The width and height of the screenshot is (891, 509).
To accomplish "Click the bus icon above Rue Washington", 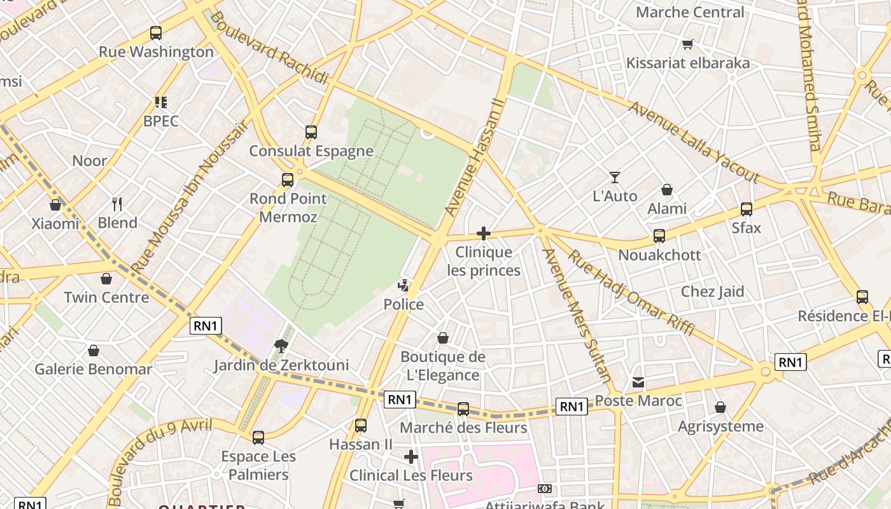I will click(x=156, y=33).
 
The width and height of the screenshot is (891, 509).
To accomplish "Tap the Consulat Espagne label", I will click(x=311, y=151).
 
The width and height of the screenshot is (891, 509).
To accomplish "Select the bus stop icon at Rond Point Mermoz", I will click(x=288, y=180).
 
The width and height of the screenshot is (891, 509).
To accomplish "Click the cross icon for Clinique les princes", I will click(x=484, y=234).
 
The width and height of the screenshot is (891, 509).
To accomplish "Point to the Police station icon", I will click(x=403, y=286).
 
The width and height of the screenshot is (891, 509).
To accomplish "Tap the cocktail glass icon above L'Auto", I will click(x=615, y=177).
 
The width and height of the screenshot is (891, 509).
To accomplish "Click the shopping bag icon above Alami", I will click(x=667, y=190).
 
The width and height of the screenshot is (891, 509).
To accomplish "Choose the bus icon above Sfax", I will click(x=747, y=209).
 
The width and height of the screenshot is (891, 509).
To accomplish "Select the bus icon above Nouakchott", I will click(x=659, y=236).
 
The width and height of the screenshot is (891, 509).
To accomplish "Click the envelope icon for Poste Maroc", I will click(x=638, y=382).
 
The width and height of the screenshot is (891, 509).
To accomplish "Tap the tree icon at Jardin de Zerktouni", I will click(x=280, y=346).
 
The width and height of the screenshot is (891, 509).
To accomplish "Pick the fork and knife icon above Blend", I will click(x=117, y=204).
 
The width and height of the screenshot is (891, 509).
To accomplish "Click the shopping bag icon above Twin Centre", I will click(x=106, y=279).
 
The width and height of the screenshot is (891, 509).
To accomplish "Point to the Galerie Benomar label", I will click(x=93, y=369).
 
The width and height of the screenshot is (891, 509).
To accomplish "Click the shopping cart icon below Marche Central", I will click(x=687, y=44).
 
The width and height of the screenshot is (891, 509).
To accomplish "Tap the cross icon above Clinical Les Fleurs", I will click(x=411, y=457).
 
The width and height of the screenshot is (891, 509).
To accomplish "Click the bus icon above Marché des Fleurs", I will click(x=463, y=408).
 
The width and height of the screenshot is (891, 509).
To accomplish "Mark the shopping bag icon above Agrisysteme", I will click(x=720, y=407).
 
